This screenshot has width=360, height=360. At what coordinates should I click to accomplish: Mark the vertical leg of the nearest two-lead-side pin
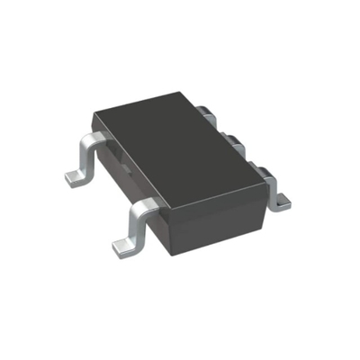pos(131,228)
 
